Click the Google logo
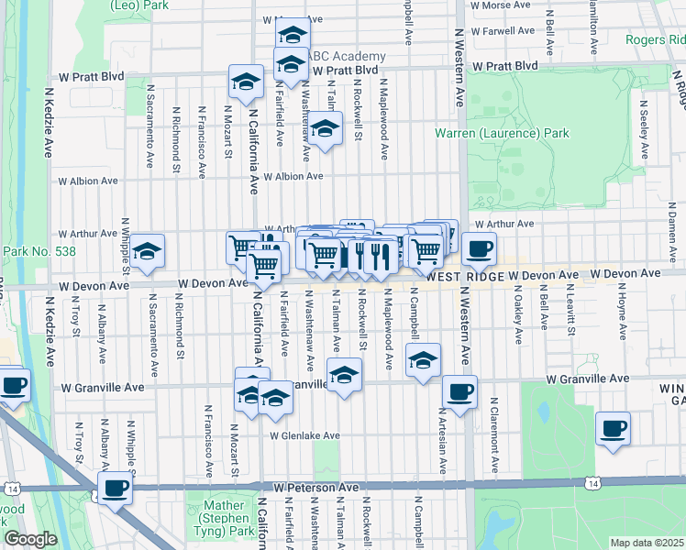point(30,539)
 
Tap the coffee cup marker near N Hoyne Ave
point(613,428)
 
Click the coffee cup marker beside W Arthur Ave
point(478,247)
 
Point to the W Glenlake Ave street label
point(304,435)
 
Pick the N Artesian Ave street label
point(442,441)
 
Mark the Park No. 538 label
point(39,251)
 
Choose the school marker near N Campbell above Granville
point(424,358)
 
